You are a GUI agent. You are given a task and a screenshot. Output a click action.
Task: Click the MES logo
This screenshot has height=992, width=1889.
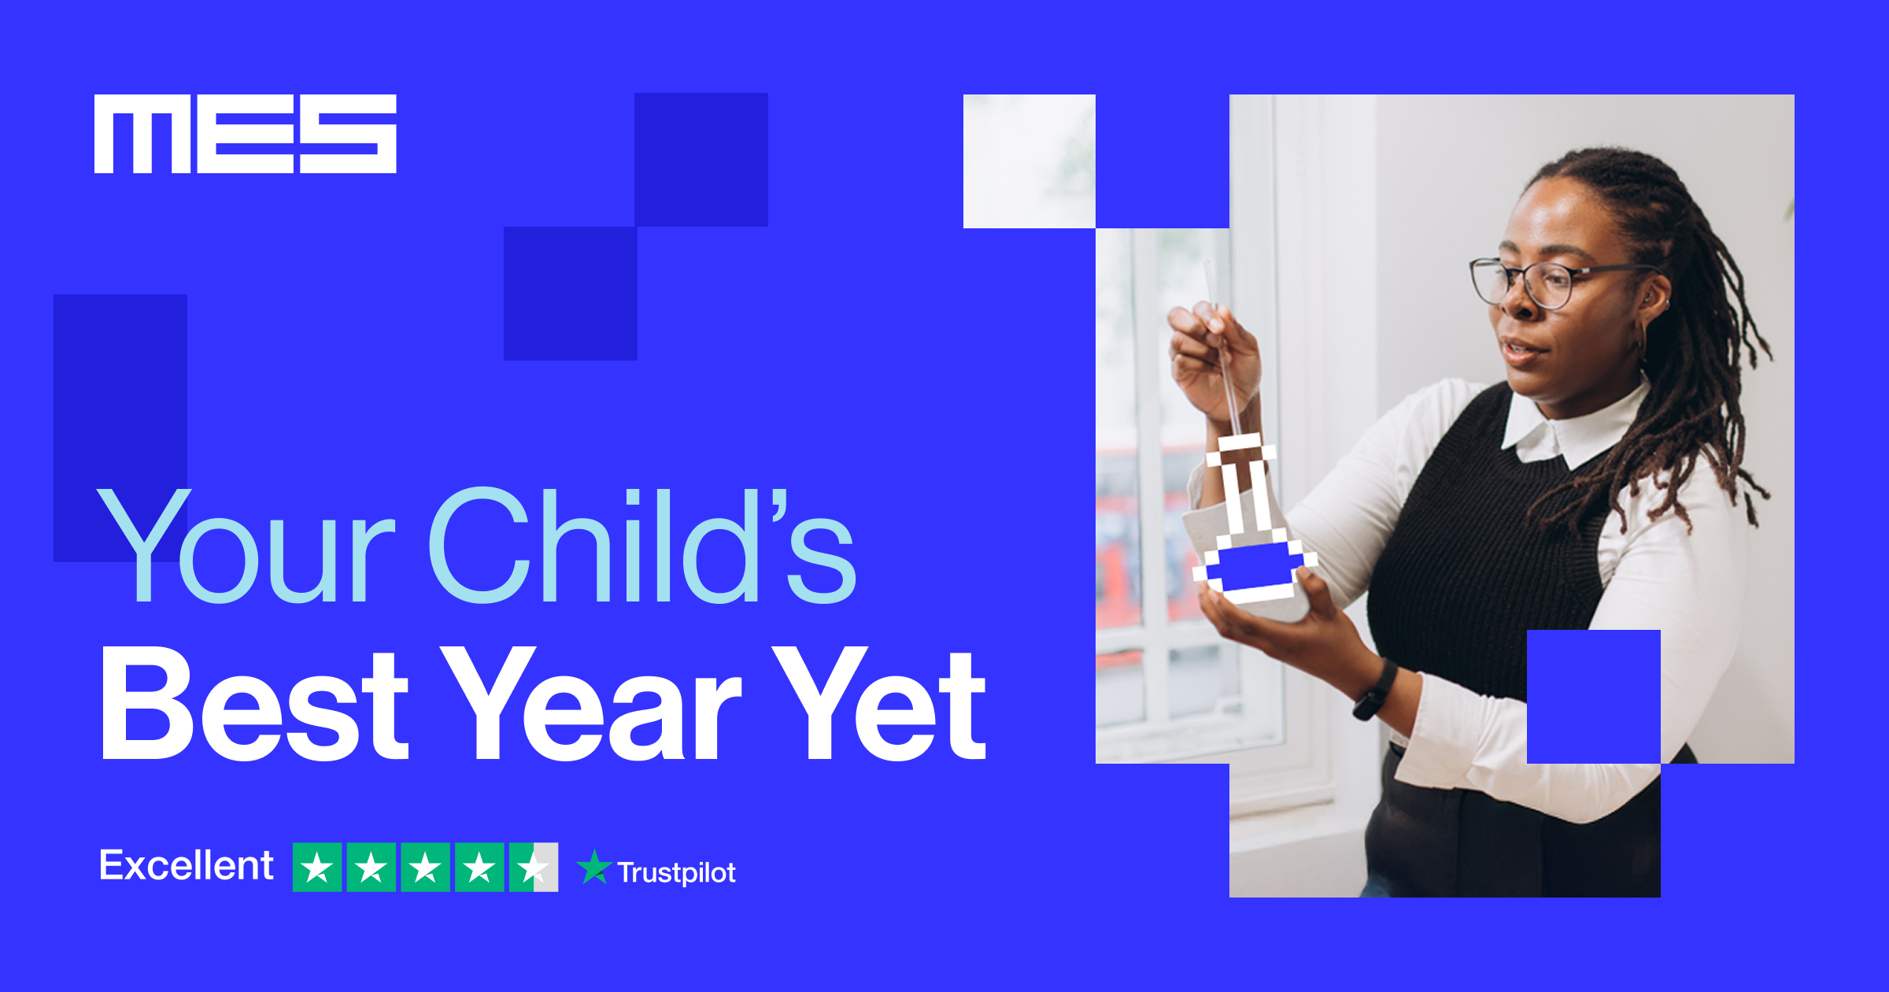(246, 134)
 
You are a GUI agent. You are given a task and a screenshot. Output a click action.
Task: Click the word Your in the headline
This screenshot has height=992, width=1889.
(246, 545)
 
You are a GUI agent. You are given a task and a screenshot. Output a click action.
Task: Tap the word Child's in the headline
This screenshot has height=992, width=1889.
(642, 545)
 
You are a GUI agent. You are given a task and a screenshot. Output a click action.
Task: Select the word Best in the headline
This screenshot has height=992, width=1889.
(255, 703)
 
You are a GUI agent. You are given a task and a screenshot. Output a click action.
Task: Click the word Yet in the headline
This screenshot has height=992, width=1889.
(880, 703)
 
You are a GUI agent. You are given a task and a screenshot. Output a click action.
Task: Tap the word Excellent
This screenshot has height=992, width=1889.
(187, 865)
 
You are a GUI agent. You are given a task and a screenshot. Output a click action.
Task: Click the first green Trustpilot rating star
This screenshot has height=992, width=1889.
(317, 867)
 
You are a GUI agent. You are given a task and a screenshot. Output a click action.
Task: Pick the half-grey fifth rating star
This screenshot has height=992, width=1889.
(534, 867)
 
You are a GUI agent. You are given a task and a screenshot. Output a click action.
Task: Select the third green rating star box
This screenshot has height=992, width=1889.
(425, 867)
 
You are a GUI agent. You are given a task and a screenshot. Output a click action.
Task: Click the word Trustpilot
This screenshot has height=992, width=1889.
(677, 872)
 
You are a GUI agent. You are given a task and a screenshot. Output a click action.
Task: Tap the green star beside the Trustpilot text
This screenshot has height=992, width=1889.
(594, 867)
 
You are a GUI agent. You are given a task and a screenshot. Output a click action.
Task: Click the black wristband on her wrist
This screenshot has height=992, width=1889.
(1374, 690)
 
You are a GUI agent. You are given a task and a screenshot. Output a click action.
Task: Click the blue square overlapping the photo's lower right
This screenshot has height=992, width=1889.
(1594, 697)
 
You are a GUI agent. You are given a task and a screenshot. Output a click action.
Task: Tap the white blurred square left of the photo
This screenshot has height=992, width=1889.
(1030, 161)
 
